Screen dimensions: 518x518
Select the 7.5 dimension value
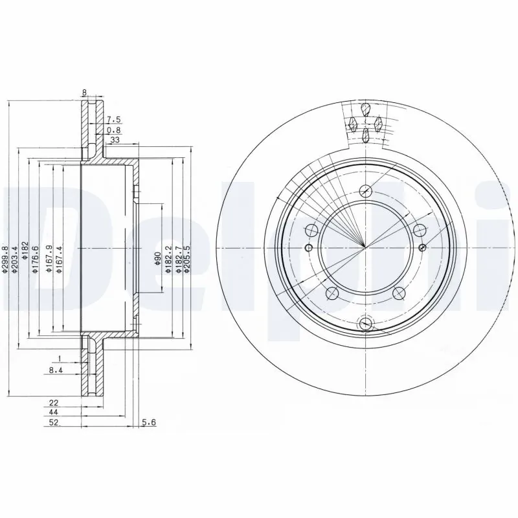pos(114,120)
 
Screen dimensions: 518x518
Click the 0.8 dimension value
pos(113,130)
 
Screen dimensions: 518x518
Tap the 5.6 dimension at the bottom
pos(148,423)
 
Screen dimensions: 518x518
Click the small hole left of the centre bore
pos(308,248)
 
